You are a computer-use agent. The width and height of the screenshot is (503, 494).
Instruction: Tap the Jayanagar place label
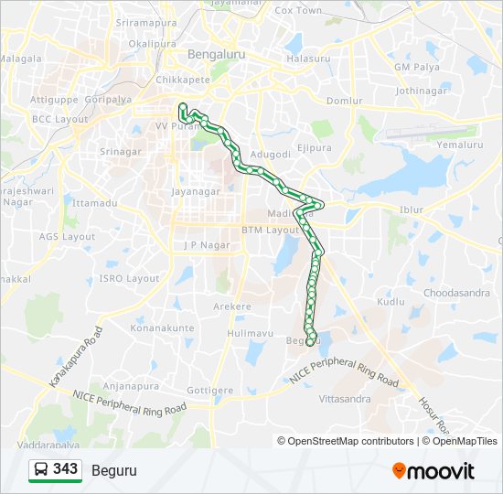coord(196,192)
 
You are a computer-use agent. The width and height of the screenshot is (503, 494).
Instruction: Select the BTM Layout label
coord(271,230)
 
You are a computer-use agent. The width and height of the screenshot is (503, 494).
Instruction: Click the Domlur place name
coord(345,101)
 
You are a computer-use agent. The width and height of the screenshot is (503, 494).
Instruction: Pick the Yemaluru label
coord(460,145)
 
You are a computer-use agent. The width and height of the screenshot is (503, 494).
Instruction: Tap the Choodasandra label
coord(455,293)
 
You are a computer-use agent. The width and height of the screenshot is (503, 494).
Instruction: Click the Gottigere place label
coord(210,390)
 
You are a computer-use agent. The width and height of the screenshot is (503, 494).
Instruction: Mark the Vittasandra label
coord(345,400)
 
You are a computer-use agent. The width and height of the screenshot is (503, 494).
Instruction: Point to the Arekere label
coord(231,306)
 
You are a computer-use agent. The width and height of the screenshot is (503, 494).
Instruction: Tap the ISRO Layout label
coord(129,278)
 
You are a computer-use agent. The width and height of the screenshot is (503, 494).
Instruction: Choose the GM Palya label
coord(415,67)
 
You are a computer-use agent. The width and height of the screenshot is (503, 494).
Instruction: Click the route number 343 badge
coord(65,469)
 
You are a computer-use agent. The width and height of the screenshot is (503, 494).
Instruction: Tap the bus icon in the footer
coord(41,470)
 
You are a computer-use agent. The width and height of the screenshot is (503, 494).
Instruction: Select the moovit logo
coord(433,471)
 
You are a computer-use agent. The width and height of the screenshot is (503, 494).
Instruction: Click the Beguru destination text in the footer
coord(114,470)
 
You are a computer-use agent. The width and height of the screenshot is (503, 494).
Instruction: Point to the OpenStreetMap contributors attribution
coord(349,441)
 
